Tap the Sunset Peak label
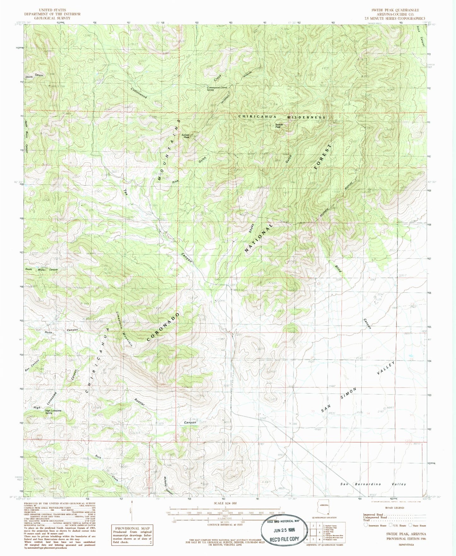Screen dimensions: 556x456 point(185,136)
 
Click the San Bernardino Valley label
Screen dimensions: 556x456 point(373,484)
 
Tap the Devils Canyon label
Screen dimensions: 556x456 point(34,76)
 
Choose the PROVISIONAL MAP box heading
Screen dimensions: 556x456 point(132,528)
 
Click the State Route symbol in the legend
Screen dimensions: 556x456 point(411,525)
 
